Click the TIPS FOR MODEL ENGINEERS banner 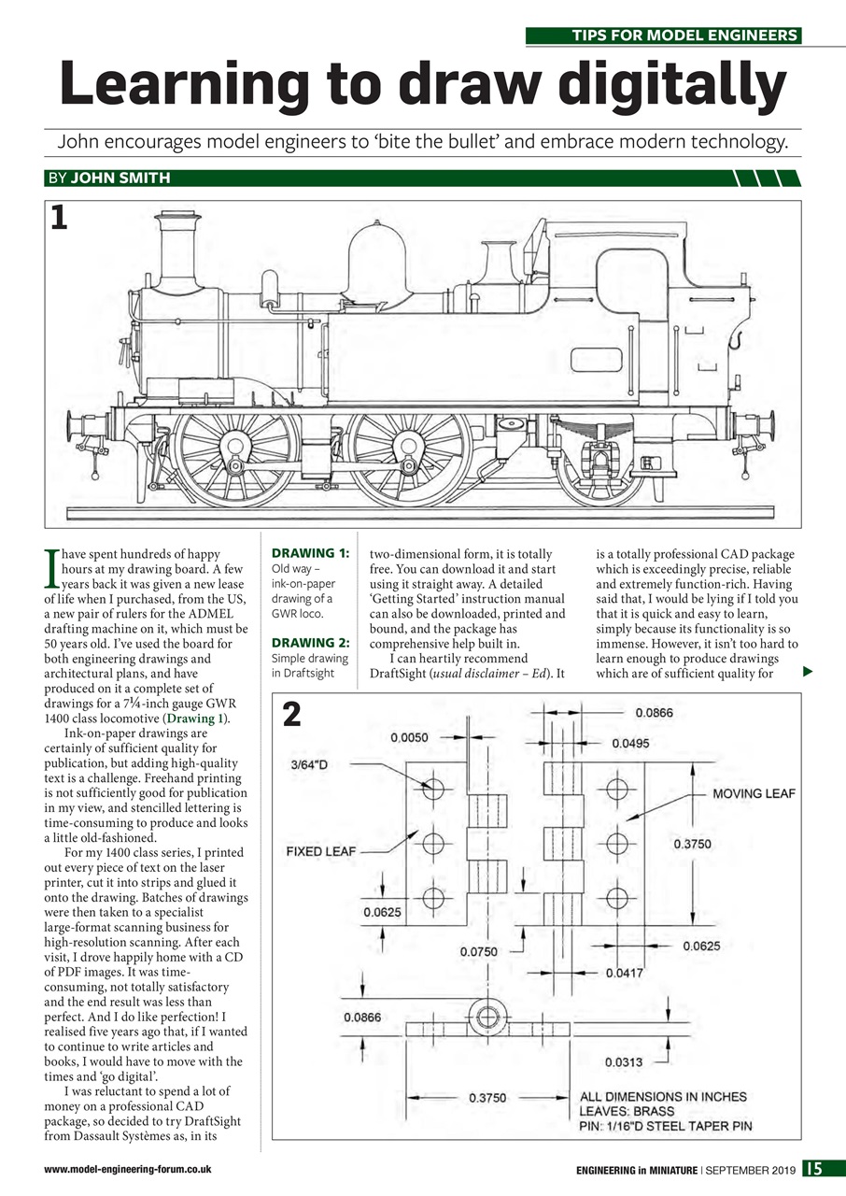(663, 36)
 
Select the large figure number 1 (59, 218)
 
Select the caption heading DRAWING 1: (309, 554)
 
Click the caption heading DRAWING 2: (309, 643)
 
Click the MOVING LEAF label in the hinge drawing (754, 793)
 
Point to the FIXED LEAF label (317, 851)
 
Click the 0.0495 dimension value (632, 744)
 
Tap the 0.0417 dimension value (624, 974)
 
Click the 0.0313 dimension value (623, 1062)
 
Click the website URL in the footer (127, 1169)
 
